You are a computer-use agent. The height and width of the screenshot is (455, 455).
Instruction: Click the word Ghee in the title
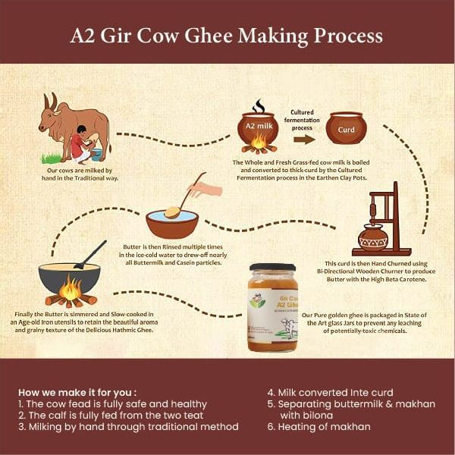(209, 36)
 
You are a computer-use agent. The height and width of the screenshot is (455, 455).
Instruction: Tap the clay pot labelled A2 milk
(258, 127)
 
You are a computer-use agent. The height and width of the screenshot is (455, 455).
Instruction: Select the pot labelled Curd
(347, 128)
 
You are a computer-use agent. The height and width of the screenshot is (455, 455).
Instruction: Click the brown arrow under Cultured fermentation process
(304, 140)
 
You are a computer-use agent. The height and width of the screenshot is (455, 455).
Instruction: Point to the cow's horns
(51, 102)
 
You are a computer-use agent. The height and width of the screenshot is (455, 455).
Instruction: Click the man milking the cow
(82, 144)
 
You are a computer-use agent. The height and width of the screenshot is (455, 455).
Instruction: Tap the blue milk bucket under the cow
(96, 155)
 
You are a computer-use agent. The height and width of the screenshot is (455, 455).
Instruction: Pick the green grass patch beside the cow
(52, 158)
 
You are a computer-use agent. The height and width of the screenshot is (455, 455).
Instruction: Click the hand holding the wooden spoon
(206, 189)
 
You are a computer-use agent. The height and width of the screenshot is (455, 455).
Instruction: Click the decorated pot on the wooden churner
(373, 238)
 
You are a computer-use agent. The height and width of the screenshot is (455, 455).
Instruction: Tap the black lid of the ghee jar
(272, 267)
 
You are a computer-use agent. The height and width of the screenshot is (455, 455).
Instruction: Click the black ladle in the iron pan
(90, 255)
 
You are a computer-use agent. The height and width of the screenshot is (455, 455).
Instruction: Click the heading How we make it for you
(77, 393)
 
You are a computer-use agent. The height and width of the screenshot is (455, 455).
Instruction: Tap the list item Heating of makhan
(319, 426)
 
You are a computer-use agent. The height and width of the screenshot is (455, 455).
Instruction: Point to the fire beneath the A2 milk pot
(259, 143)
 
